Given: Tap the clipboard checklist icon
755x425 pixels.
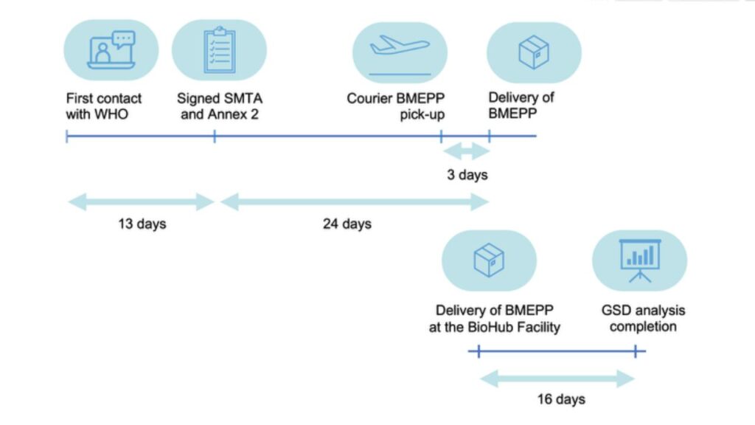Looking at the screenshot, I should (218, 50).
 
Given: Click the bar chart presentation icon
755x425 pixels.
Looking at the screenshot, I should (639, 259).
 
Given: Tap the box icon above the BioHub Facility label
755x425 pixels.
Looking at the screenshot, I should (488, 259).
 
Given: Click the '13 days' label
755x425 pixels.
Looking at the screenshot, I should (142, 224).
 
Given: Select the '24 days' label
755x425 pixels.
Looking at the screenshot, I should (347, 224).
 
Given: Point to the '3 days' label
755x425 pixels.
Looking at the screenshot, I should (467, 176).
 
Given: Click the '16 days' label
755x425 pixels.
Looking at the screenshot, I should (560, 399).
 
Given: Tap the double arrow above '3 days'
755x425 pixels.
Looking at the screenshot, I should (465, 151).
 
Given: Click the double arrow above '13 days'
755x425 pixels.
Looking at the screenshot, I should (140, 201).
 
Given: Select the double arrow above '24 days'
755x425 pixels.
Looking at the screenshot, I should (355, 201).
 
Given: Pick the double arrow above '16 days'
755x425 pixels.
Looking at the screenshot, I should (557, 379).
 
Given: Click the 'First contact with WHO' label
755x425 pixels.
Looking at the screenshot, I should (104, 106).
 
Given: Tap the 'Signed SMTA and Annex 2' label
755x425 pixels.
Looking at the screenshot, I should (219, 106).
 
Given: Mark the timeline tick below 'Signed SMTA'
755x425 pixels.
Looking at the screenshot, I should (214, 137).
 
